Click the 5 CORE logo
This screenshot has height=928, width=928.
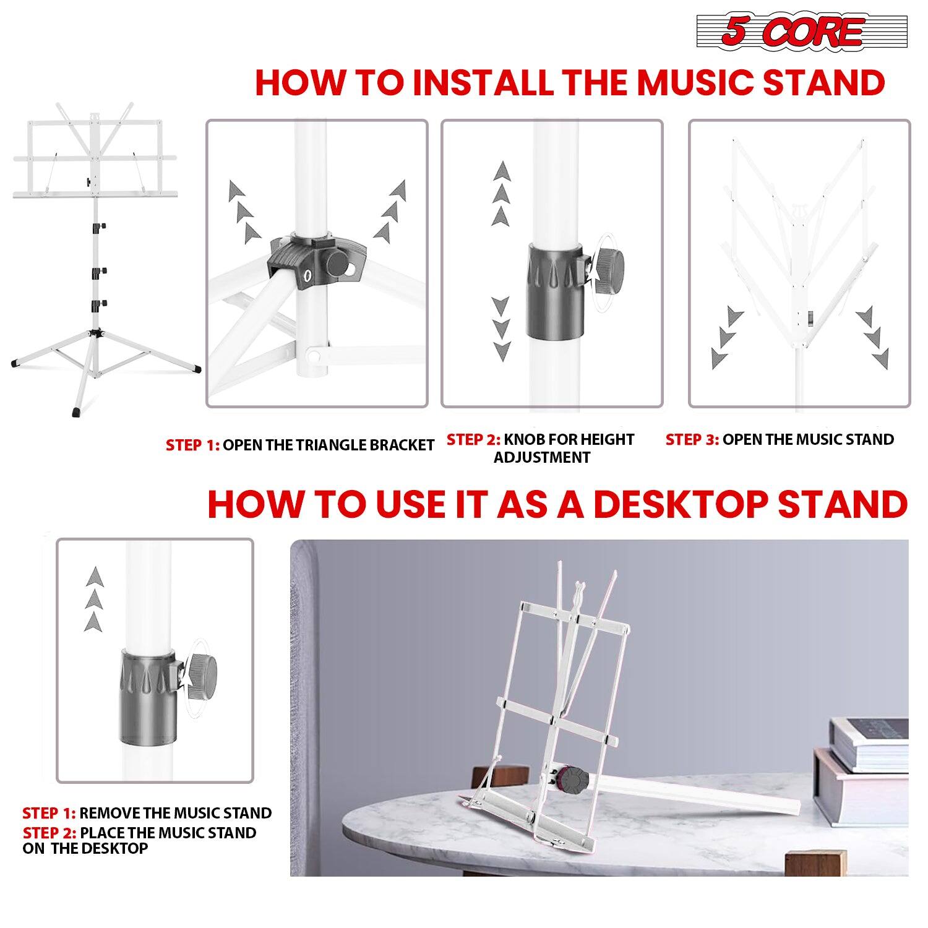[802, 32]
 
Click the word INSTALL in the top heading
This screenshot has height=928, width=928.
[483, 83]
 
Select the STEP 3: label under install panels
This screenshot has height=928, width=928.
[692, 440]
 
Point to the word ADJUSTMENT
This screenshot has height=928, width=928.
[542, 458]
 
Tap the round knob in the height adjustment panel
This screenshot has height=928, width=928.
[609, 270]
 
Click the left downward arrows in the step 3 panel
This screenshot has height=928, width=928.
[726, 338]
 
